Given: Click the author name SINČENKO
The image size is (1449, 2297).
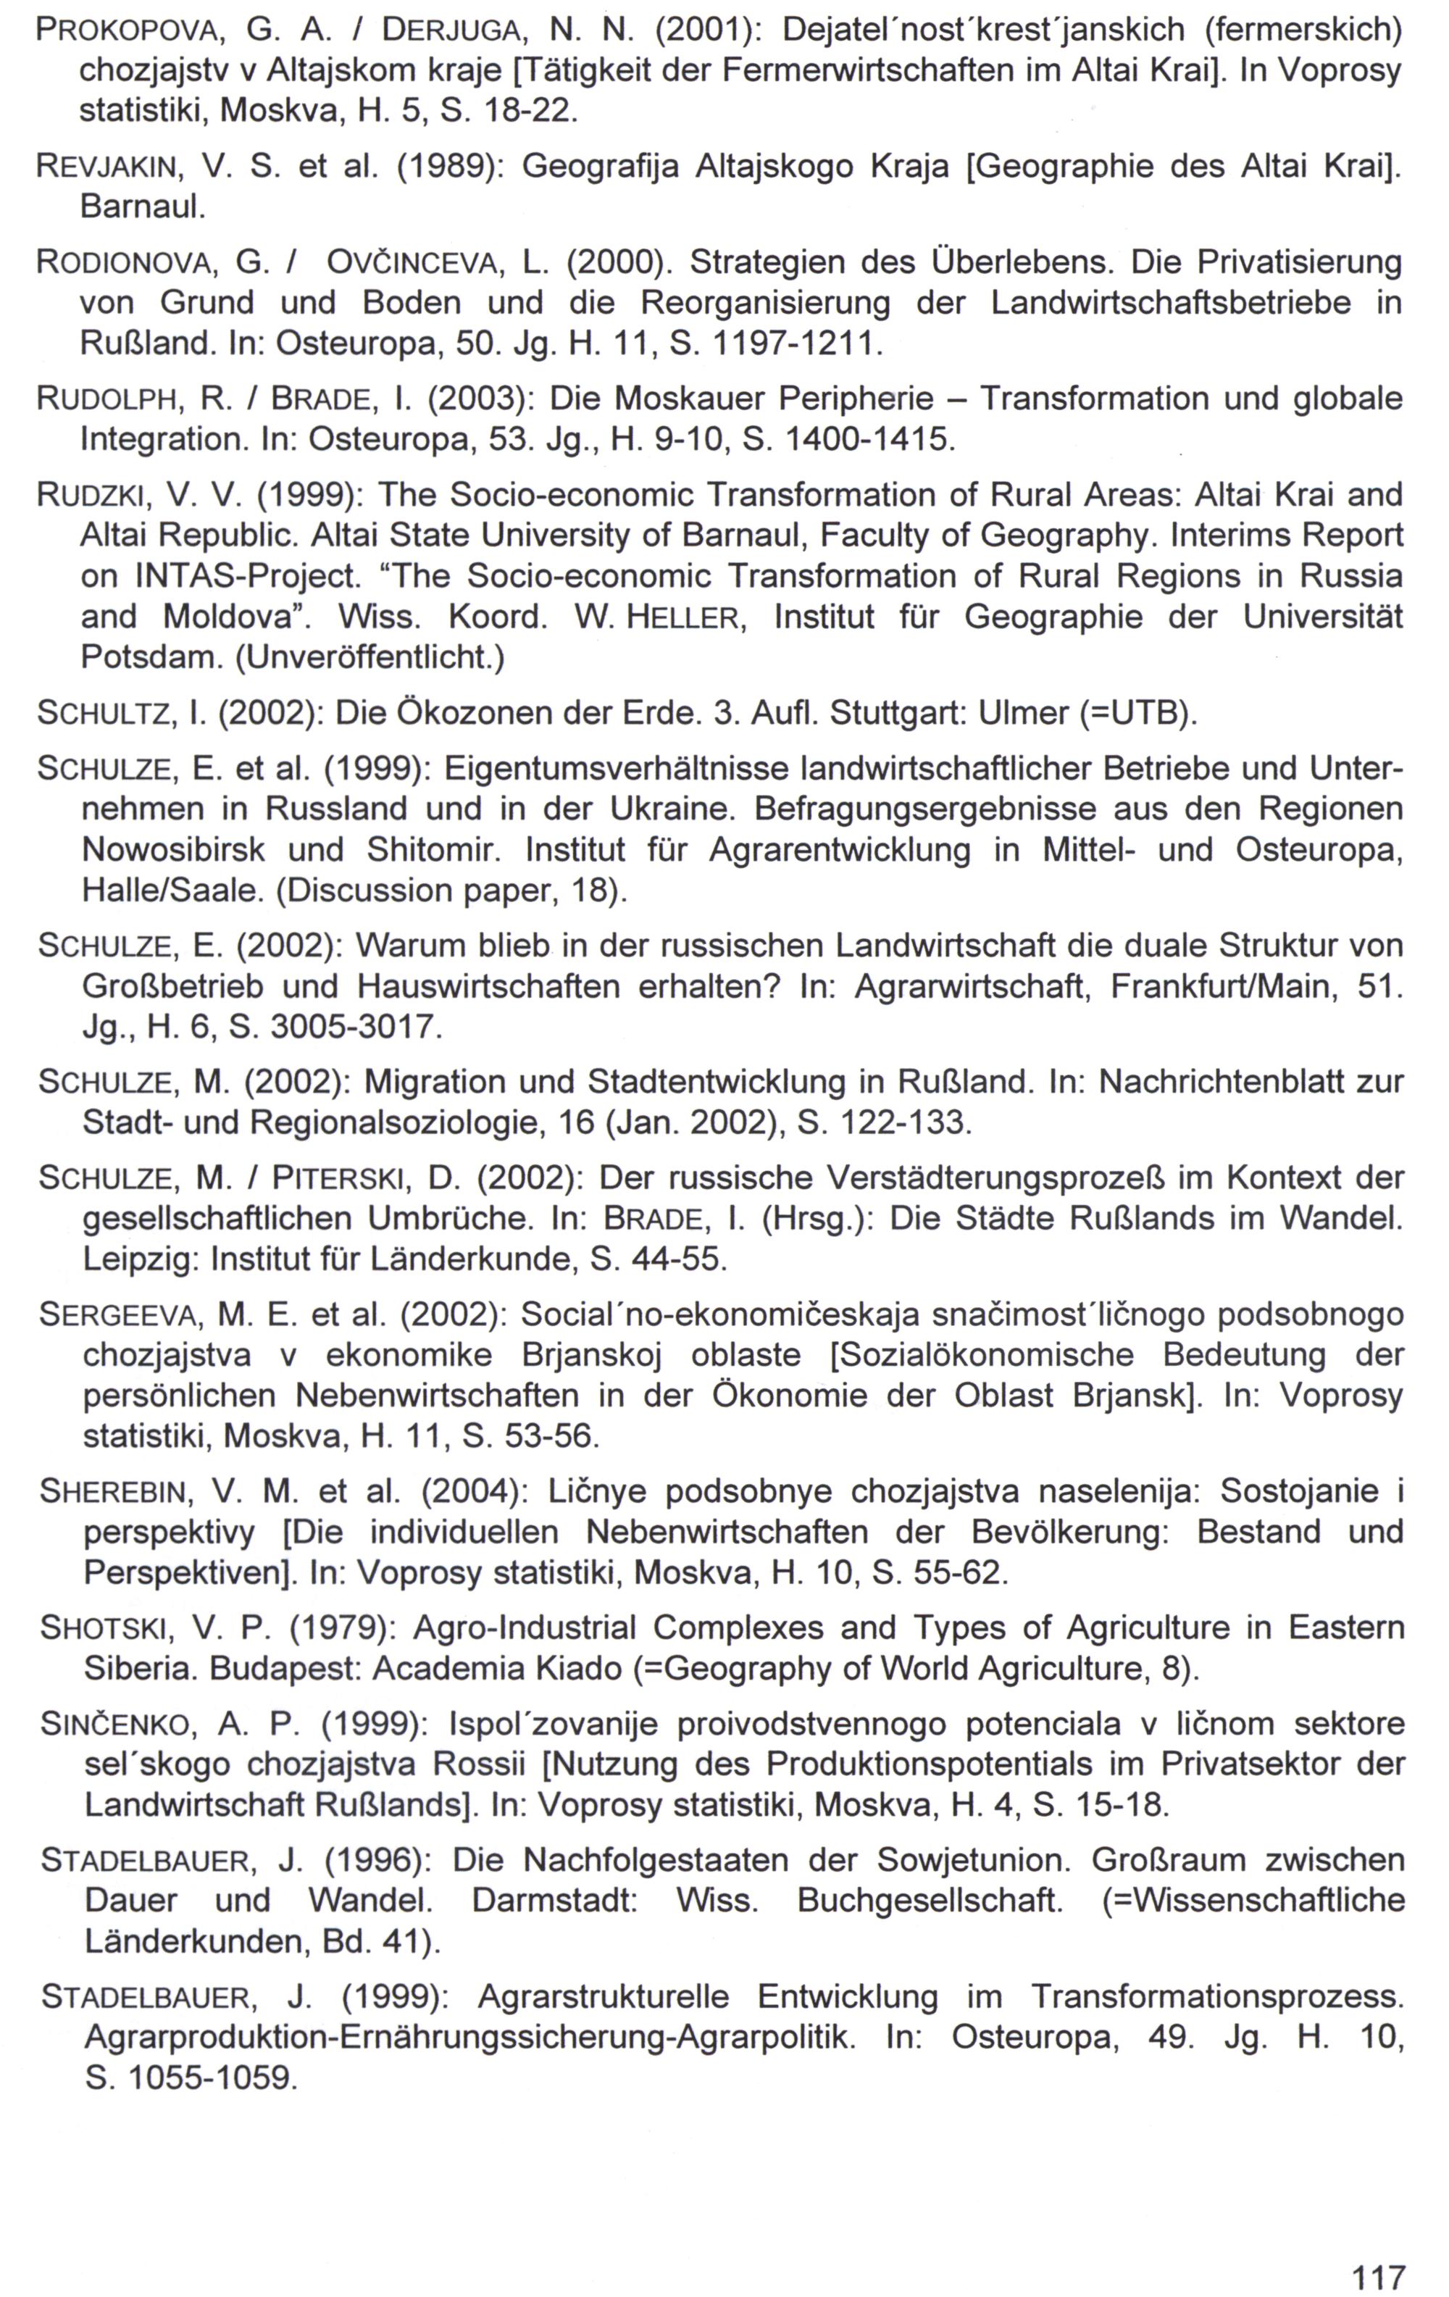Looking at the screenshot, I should (118, 1725).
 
